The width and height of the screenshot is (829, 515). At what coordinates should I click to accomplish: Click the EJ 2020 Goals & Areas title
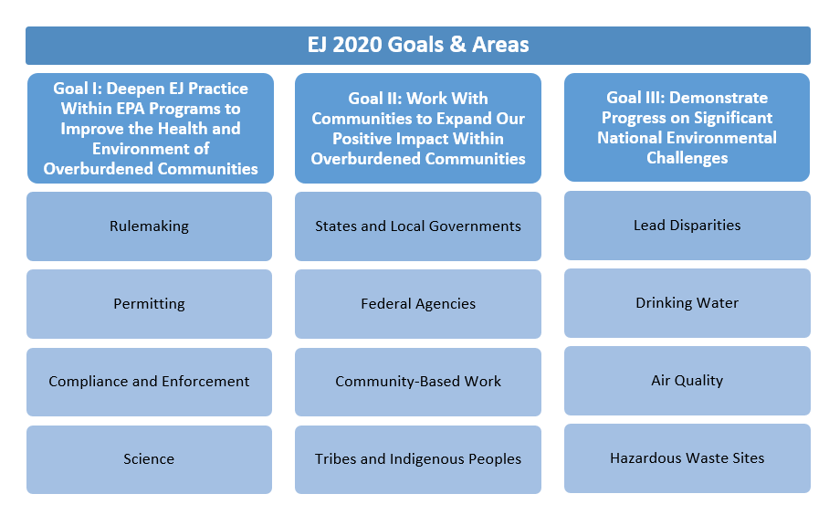tap(417, 45)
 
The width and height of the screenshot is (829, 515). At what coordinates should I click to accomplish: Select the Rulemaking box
tap(149, 226)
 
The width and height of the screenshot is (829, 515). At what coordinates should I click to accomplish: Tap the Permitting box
tap(149, 304)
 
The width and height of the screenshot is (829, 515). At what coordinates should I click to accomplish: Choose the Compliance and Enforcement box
tap(149, 382)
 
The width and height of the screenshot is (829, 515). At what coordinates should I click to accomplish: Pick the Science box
tap(149, 459)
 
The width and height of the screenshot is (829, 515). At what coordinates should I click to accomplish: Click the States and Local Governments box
tap(418, 226)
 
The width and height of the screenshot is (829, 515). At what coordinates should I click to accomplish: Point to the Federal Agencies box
tap(418, 304)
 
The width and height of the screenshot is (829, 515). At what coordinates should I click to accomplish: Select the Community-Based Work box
tap(418, 382)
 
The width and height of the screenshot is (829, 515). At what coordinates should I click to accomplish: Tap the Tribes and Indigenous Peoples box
tap(418, 459)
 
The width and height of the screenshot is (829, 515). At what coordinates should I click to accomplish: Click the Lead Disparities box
tap(687, 226)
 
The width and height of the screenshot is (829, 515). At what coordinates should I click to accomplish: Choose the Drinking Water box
tap(687, 303)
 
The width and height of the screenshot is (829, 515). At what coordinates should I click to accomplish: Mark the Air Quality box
tap(687, 381)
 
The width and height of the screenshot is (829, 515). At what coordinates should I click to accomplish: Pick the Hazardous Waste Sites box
tap(687, 458)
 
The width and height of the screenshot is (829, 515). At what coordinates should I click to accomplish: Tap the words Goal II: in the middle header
tap(375, 99)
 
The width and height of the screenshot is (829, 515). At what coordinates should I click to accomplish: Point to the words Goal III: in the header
tap(635, 98)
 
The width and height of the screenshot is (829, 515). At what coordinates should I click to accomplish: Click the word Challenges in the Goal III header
tap(687, 158)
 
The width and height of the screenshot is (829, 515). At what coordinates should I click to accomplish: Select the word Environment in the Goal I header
tap(139, 149)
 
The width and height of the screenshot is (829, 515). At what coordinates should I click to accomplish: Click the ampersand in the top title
tap(457, 45)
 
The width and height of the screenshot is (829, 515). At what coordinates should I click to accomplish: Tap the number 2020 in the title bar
tap(357, 45)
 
